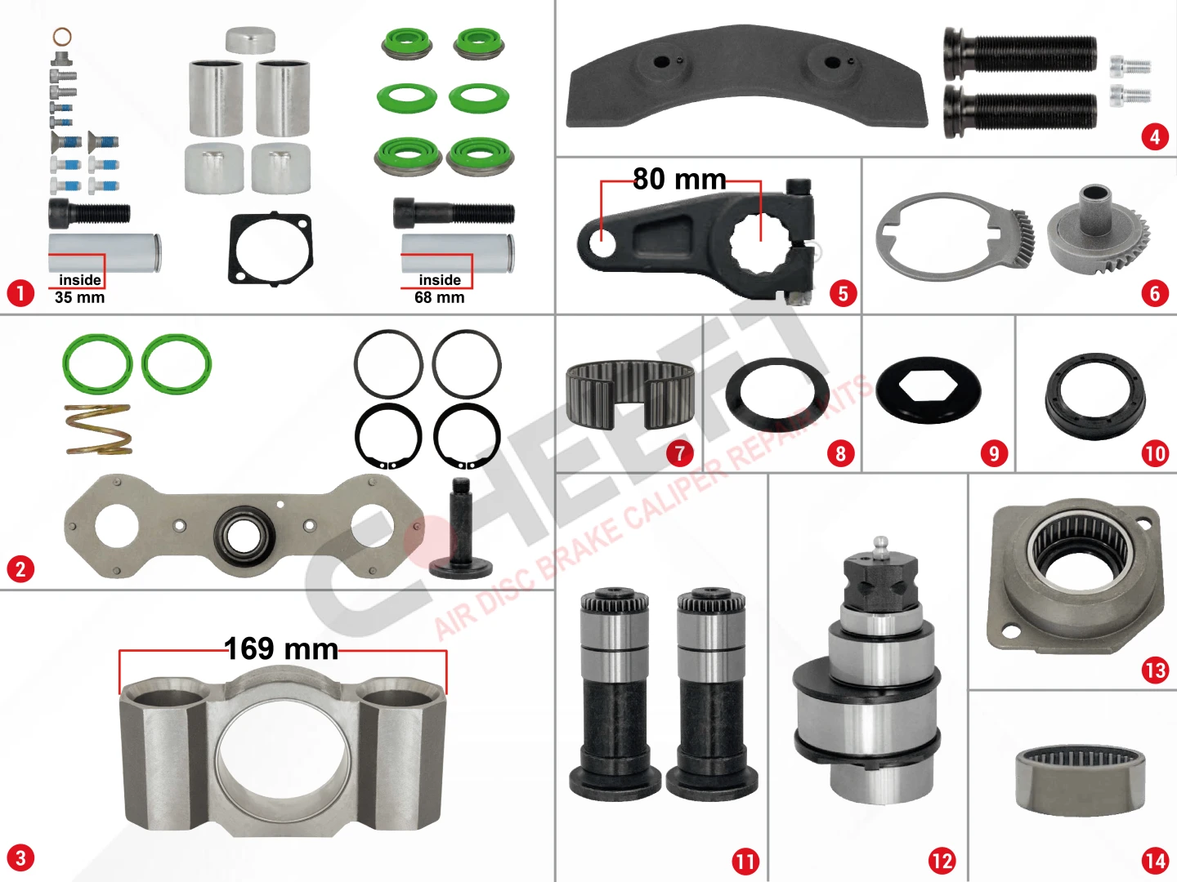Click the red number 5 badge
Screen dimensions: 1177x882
coord(843,293)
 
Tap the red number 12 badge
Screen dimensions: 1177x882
coord(942,861)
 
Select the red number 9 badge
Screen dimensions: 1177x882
coord(994,453)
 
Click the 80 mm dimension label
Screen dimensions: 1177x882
coord(679,179)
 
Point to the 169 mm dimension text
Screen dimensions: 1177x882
coord(281,648)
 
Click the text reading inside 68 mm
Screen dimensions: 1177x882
coord(439,288)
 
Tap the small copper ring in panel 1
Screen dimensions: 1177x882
coord(62,37)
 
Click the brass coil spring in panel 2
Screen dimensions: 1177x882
coord(98,430)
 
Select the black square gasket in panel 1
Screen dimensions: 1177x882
coord(271,249)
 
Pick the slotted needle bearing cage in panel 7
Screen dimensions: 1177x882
coord(630,394)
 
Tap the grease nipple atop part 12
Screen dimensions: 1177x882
coord(880,547)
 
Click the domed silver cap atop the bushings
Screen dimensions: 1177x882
coord(250,40)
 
